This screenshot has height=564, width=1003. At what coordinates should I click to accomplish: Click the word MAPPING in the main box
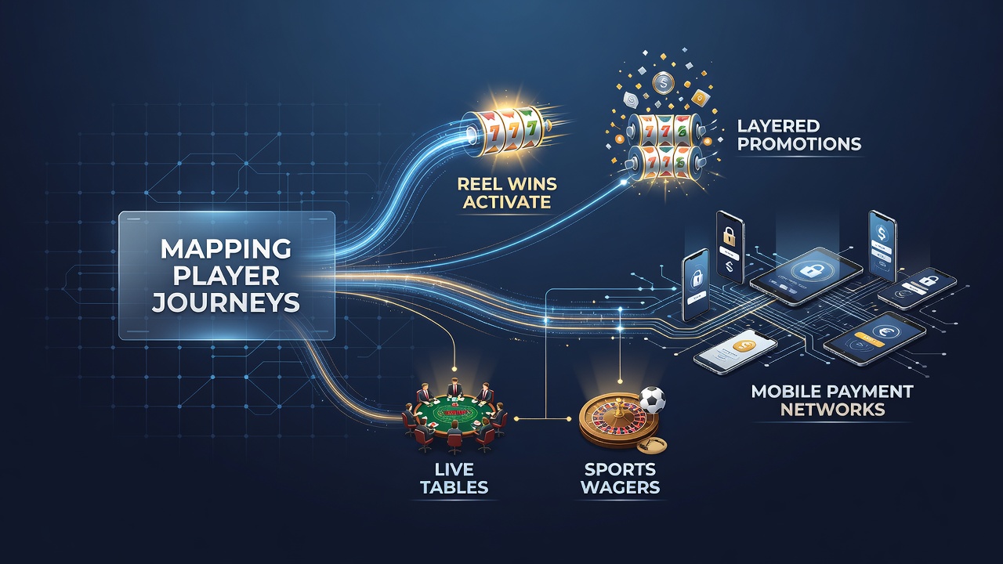coord(226,249)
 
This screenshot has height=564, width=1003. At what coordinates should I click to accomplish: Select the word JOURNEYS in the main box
coord(226,302)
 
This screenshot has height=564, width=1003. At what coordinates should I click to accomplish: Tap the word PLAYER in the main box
coord(226,276)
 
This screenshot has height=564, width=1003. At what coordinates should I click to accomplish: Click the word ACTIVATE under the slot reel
coord(507,202)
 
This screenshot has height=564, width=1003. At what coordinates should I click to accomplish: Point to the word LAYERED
coord(778,126)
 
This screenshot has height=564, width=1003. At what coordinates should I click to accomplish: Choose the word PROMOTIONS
coord(799,144)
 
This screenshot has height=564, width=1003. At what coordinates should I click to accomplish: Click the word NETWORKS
coord(832,410)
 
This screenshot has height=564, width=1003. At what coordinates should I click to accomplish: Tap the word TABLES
coord(454,487)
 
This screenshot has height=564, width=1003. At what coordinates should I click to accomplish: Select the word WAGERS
coord(620,487)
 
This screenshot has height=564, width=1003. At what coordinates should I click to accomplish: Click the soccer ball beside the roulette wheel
coord(651,399)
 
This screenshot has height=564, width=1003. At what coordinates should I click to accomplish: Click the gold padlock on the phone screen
coord(729,236)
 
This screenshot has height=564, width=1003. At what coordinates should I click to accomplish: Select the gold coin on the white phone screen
coord(744,345)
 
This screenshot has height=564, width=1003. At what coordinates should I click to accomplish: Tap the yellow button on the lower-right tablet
coord(869,339)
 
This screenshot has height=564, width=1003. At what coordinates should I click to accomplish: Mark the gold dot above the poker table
coord(454,369)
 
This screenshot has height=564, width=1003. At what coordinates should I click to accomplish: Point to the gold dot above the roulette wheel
coord(620,381)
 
